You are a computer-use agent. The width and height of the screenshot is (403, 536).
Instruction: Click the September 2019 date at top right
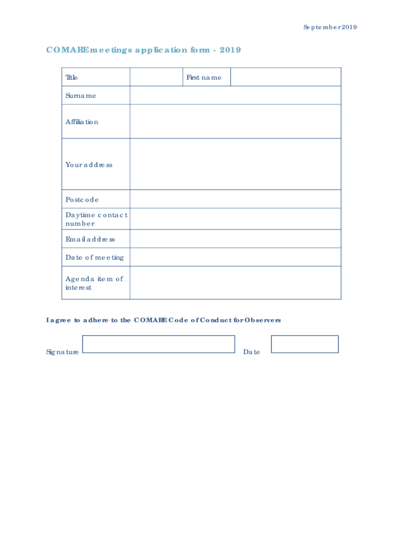[x=330, y=27]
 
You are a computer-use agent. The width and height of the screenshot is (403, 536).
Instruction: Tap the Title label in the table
[x=72, y=77]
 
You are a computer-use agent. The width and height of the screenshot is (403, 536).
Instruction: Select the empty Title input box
[x=156, y=77]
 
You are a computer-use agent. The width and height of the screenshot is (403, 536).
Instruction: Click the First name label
[x=204, y=77]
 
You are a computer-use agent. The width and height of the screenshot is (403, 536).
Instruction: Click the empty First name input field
[x=285, y=77]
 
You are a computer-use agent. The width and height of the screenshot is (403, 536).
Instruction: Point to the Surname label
[x=81, y=96]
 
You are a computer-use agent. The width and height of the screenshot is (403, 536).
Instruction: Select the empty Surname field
[x=235, y=95]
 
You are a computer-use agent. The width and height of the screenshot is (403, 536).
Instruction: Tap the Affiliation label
[x=82, y=122]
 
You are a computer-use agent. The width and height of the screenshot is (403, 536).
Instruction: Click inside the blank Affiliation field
[x=235, y=121]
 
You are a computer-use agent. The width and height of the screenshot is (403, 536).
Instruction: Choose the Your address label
[x=88, y=165]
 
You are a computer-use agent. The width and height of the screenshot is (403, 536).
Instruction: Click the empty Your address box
[x=235, y=164]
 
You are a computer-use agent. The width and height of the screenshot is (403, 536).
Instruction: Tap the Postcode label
[x=82, y=199]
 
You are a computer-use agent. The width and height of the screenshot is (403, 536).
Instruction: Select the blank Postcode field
[x=235, y=199]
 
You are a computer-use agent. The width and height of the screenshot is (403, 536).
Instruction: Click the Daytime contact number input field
[x=235, y=219]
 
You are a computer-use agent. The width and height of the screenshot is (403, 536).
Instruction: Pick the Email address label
[x=90, y=239]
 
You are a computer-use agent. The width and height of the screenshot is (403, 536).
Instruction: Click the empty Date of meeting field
[x=235, y=257]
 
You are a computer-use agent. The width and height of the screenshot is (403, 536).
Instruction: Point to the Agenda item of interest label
[x=94, y=283]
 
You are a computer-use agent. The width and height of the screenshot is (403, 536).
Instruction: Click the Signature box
[x=159, y=344]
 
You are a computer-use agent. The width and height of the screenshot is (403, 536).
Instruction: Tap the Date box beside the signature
[x=305, y=344]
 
